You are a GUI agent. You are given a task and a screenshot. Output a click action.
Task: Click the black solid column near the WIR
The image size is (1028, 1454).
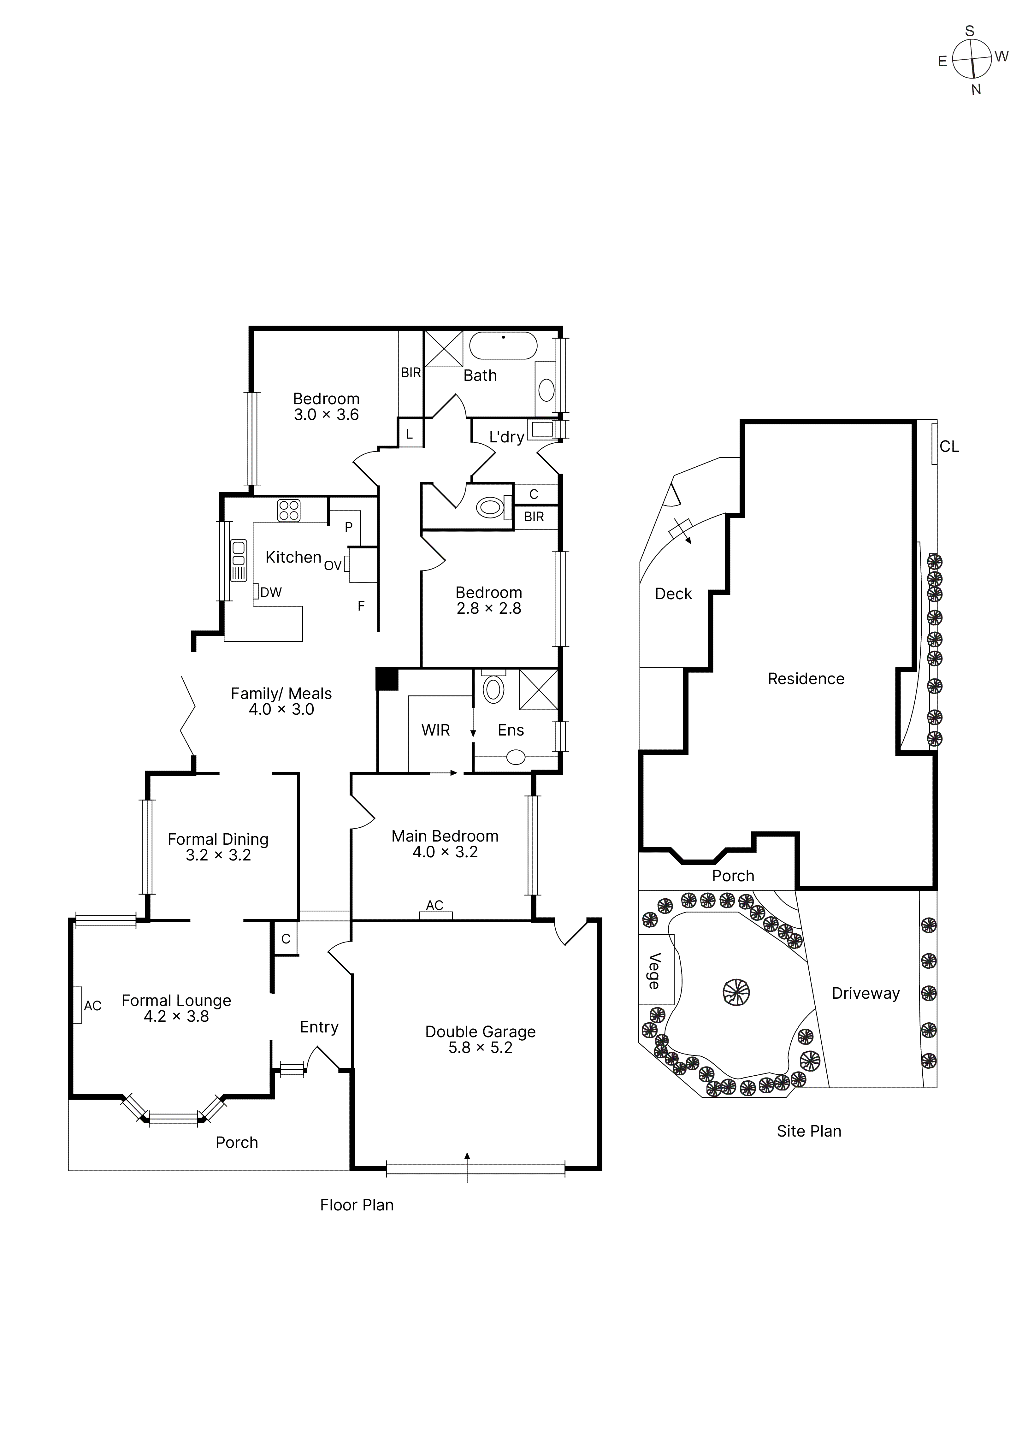pos(387,679)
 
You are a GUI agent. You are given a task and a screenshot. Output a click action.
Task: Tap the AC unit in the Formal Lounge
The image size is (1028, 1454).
pos(77,1005)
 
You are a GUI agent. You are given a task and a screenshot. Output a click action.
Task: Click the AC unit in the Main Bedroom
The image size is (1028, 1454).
pos(436,915)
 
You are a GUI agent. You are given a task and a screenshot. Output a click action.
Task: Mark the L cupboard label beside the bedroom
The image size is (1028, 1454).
pos(409,434)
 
